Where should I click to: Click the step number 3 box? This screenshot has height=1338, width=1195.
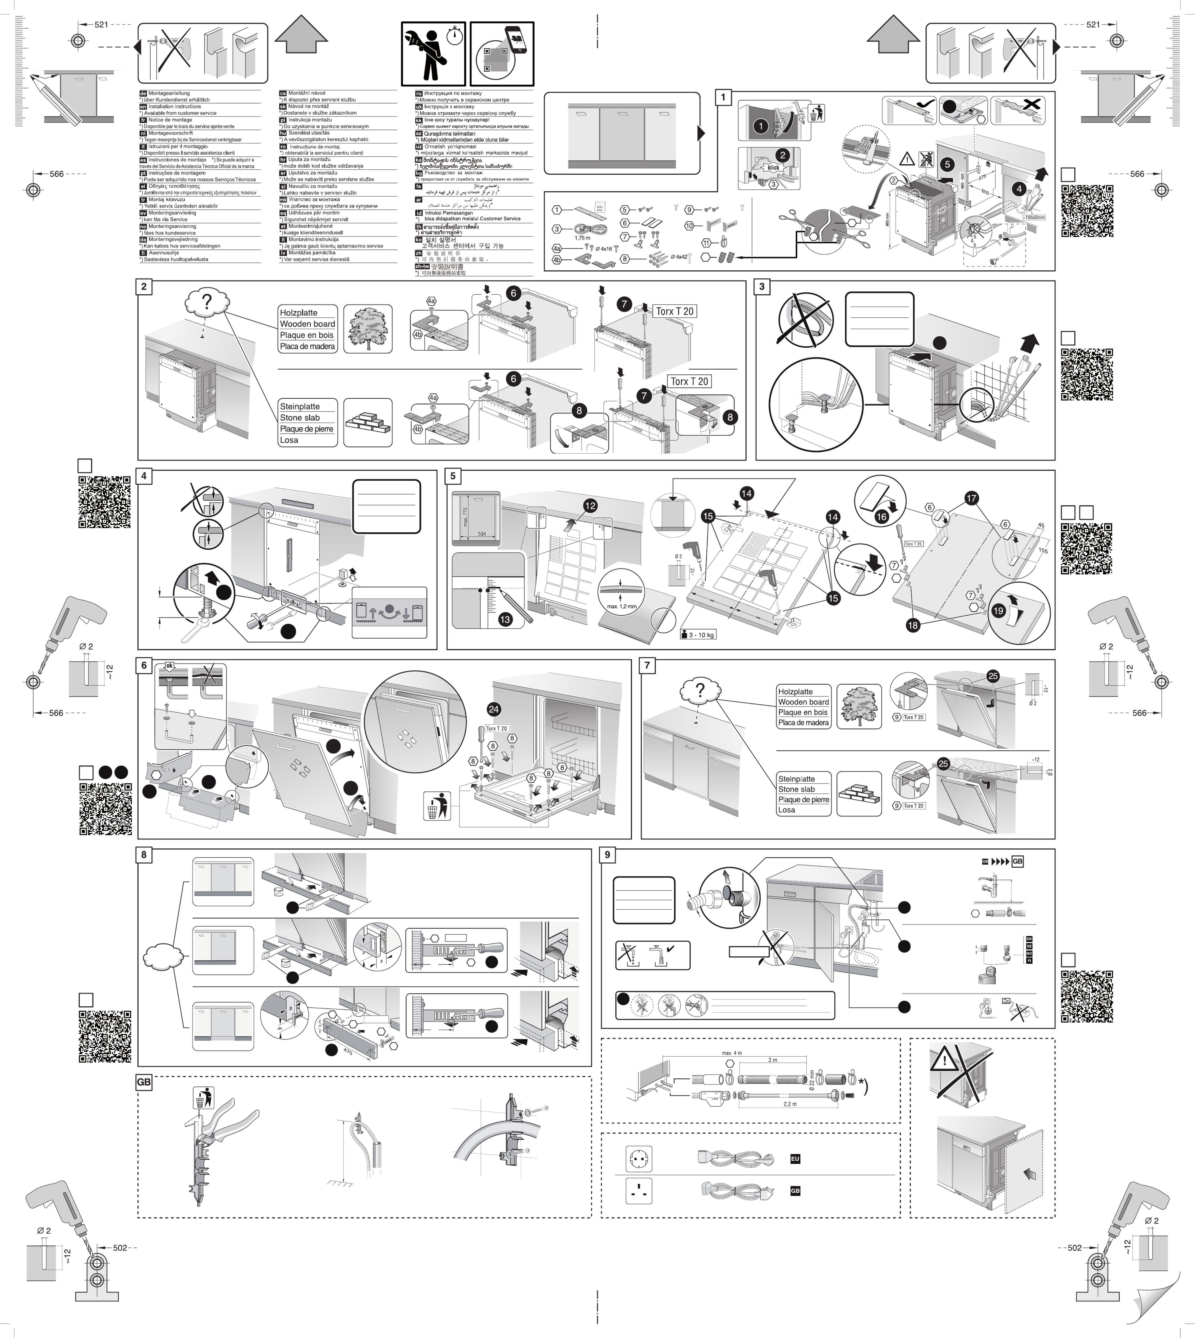[762, 287]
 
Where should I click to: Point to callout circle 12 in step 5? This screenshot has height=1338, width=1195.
[590, 505]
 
